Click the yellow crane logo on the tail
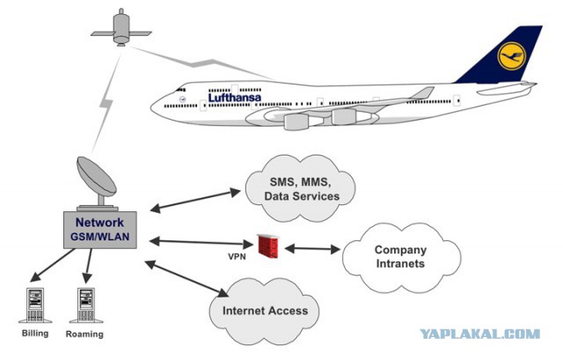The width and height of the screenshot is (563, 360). [511, 55]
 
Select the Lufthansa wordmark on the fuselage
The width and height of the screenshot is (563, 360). [235, 97]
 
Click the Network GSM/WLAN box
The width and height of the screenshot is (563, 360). [99, 230]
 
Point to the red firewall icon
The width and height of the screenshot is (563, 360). [268, 246]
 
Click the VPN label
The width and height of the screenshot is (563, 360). [237, 256]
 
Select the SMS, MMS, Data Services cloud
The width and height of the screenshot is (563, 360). [300, 188]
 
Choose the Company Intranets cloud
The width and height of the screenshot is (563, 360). [401, 257]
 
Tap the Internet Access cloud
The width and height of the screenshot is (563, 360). [265, 310]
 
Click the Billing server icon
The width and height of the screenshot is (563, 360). [35, 305]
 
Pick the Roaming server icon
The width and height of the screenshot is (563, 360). [86, 305]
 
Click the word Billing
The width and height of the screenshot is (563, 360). [35, 333]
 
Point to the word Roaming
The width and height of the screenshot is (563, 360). [84, 334]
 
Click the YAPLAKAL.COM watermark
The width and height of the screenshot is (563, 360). [480, 334]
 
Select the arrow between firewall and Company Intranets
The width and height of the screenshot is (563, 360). [312, 248]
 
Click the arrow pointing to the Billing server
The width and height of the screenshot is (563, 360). [53, 265]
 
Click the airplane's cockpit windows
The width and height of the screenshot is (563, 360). [180, 90]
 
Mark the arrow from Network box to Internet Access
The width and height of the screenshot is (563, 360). [186, 279]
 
